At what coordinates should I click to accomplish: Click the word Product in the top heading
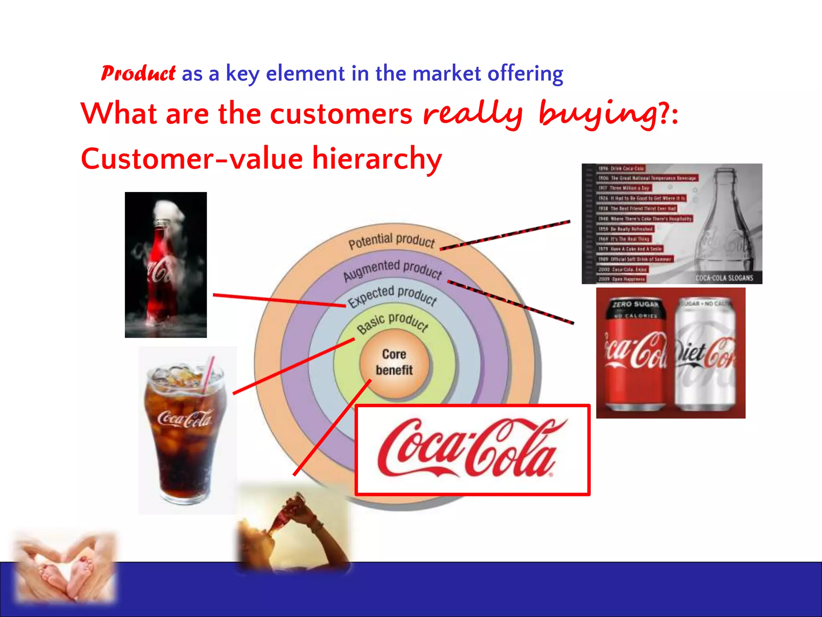[138, 74]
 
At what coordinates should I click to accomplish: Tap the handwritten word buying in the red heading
[598, 114]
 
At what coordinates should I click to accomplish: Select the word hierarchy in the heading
[377, 159]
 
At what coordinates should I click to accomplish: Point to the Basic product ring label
[393, 323]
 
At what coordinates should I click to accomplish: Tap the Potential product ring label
[391, 241]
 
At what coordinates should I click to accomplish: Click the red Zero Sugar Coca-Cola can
[634, 353]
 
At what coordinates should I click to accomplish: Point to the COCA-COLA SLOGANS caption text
[724, 278]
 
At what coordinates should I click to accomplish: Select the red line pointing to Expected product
[279, 300]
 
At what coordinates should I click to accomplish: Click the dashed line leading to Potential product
[506, 235]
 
